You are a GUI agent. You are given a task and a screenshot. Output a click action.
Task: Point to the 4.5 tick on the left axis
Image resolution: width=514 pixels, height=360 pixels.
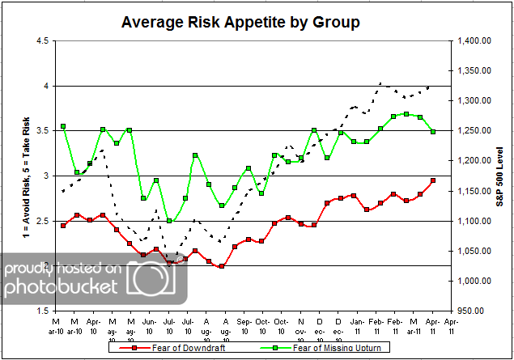click(x=39, y=40)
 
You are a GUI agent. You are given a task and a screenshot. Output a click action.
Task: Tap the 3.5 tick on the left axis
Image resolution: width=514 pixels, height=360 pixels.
click(x=39, y=130)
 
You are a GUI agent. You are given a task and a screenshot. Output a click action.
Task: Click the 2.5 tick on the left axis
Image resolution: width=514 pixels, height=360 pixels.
click(x=39, y=221)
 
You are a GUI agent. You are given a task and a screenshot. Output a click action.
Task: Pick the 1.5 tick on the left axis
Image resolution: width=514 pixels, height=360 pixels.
click(x=39, y=311)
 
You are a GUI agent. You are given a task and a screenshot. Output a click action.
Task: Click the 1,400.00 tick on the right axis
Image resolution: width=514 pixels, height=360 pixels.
click(x=476, y=40)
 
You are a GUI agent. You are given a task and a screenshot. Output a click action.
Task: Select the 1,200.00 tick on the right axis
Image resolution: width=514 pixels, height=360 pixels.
click(x=476, y=161)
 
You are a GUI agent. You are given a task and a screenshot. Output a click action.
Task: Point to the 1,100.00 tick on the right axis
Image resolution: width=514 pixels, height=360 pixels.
click(x=476, y=221)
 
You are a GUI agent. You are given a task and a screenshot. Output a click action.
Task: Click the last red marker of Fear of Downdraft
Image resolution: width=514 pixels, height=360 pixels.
click(x=433, y=180)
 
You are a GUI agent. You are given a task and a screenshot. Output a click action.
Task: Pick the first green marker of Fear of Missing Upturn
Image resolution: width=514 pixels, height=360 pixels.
click(x=63, y=126)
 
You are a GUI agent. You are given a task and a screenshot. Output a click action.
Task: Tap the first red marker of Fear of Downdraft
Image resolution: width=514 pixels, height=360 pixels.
click(x=63, y=226)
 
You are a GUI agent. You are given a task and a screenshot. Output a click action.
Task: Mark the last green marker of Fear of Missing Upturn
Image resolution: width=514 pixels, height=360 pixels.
click(x=433, y=131)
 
